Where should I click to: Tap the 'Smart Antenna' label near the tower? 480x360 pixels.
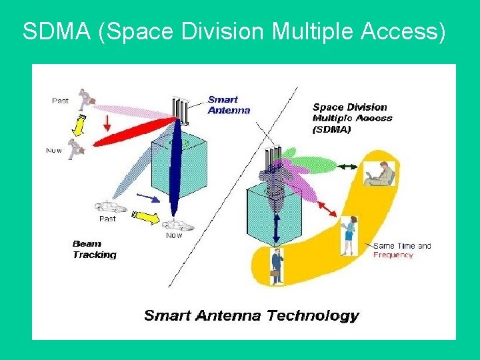[229, 105]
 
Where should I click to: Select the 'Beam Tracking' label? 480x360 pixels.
[94, 249]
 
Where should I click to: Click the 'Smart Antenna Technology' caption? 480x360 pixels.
[251, 316]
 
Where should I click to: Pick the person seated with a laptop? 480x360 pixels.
[380, 174]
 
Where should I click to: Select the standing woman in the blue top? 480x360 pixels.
[349, 235]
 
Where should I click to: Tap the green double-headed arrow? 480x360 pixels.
[348, 166]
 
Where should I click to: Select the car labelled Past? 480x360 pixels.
[109, 207]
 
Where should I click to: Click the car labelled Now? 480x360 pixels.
[177, 225]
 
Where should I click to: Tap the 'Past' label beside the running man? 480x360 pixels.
[60, 101]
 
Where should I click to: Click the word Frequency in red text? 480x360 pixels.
[393, 255]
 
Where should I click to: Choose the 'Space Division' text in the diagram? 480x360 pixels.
[349, 107]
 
